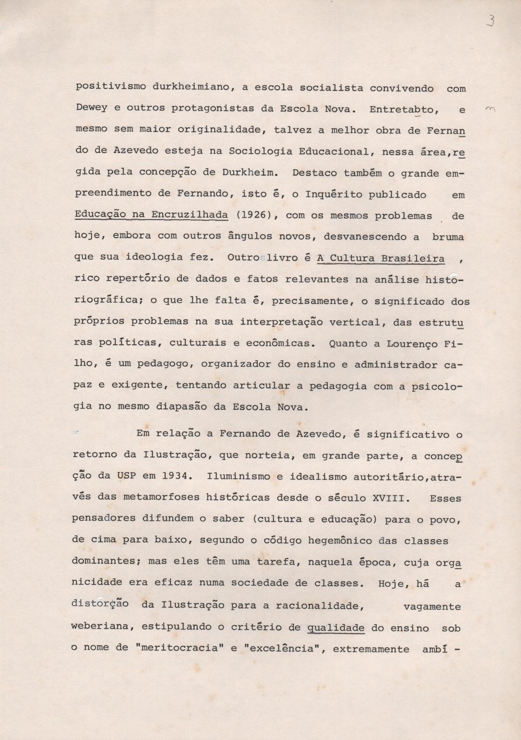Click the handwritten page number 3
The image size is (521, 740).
[490, 21]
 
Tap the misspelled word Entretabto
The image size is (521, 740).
[404, 109]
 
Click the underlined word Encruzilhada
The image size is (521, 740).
[189, 214]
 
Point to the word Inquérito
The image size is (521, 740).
[334, 194]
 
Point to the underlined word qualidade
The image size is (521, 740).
[335, 627]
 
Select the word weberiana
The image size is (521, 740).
[100, 626]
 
